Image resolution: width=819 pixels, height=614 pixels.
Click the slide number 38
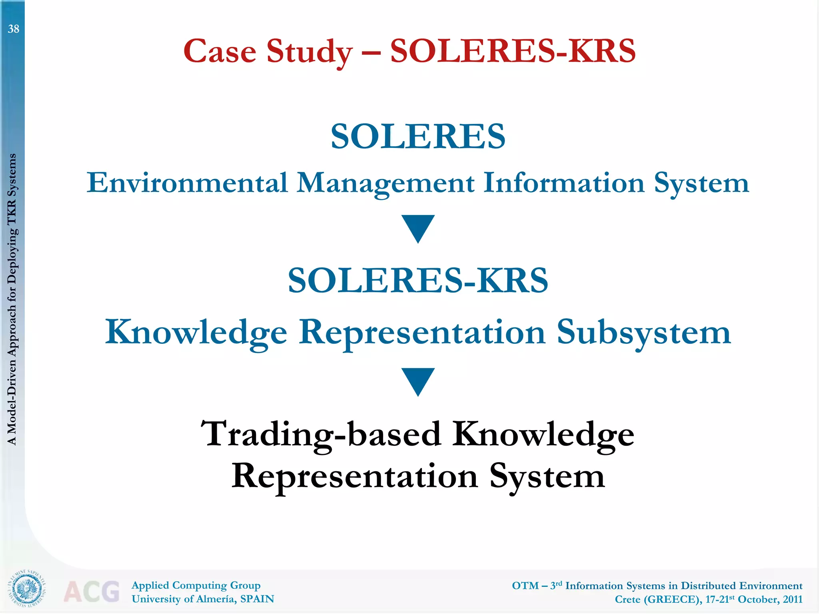pos(14,29)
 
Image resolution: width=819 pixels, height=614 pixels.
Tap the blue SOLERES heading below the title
pos(418,136)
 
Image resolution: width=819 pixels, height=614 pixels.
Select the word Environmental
pos(187,183)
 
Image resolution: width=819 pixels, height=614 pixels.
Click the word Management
pos(386,183)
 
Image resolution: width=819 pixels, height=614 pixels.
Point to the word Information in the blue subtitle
pos(564,183)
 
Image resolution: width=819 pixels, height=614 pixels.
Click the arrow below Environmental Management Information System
pos(418,228)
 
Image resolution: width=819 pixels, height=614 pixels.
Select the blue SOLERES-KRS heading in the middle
pos(418,280)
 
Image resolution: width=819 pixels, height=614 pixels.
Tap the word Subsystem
pos(643,333)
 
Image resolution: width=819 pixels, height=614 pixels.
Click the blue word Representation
pos(422,333)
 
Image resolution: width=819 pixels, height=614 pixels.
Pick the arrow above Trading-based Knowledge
pos(418,381)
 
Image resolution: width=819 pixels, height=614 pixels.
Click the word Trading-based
pos(320,434)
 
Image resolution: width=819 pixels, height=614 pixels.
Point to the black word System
pos(547,476)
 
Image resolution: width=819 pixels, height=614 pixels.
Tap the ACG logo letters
pos(92,592)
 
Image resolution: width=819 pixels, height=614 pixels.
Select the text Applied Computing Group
pos(196,585)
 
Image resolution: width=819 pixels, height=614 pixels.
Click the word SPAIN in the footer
pos(257,599)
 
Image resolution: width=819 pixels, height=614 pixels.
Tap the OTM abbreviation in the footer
pos(525,586)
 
